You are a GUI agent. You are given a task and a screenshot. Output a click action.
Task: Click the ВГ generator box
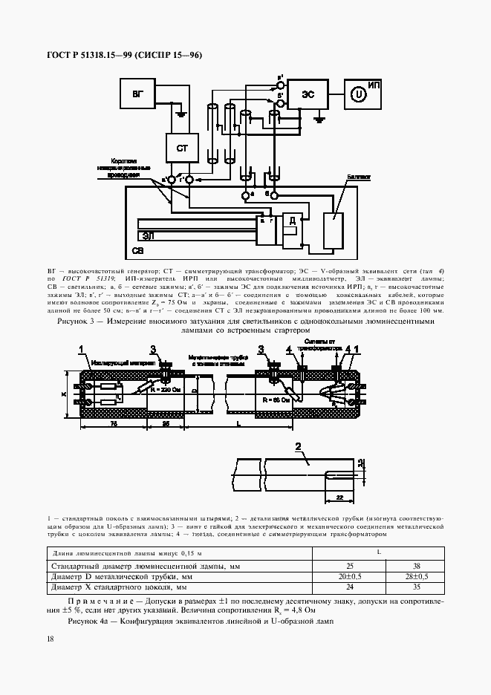tap(137, 94)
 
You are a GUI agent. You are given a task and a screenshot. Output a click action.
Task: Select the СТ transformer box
tap(182, 149)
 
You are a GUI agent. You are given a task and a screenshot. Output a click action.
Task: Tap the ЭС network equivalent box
tap(307, 94)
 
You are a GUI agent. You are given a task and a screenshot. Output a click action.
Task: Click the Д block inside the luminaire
tap(293, 221)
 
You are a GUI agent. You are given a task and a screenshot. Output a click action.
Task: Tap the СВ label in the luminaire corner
tap(137, 251)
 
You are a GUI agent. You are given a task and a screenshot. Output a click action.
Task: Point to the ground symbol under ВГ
tap(179, 114)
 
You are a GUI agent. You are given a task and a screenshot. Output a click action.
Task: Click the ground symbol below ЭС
tap(319, 118)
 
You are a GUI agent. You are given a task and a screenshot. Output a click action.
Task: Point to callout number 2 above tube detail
tap(298, 446)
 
